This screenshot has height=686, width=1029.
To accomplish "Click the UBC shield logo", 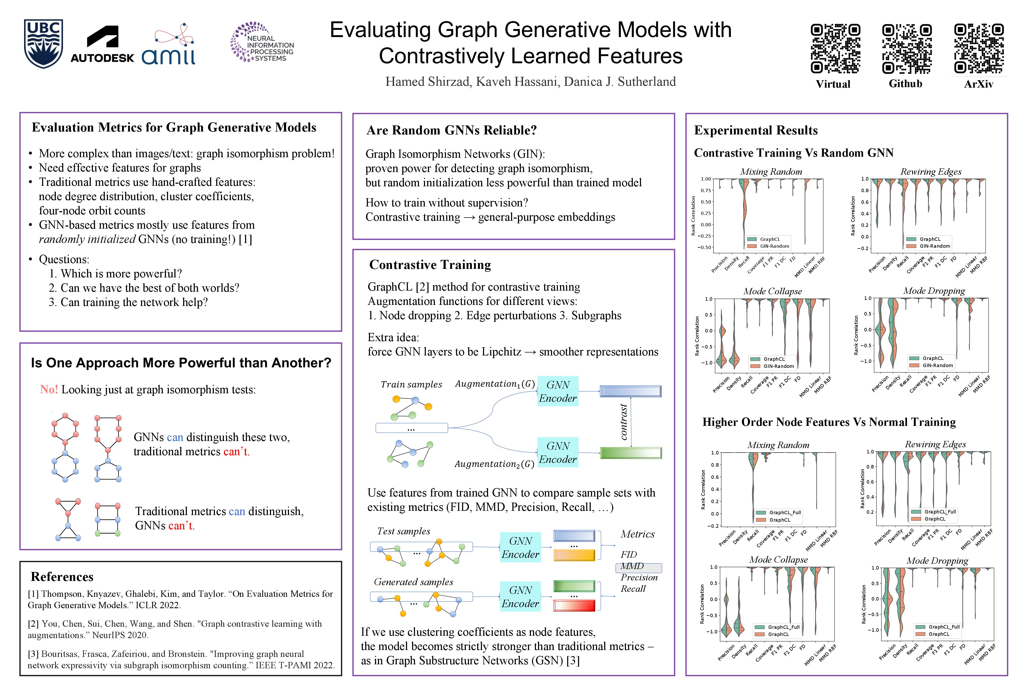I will tap(43, 44).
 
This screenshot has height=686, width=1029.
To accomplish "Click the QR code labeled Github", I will tap(906, 48).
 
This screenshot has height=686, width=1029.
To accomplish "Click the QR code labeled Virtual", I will tap(835, 48).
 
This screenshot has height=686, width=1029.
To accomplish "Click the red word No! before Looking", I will tap(48, 389).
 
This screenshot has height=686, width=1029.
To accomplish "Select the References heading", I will tap(62, 577).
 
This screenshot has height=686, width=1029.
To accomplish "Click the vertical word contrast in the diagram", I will tap(624, 422).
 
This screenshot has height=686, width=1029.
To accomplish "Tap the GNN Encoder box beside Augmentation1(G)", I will tap(558, 391).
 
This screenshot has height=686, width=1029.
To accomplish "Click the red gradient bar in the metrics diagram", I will tap(574, 606).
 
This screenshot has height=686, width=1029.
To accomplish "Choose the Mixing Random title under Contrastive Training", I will tap(771, 171).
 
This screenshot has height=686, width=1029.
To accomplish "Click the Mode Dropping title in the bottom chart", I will tap(937, 561).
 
